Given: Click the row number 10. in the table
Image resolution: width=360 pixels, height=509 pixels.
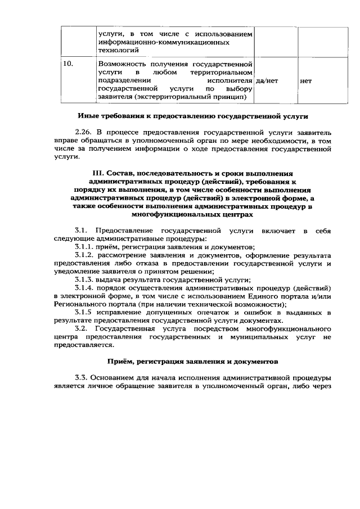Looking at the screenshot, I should click(x=67, y=64).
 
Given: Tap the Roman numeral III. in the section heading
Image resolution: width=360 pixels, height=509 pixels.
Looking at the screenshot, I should click(x=99, y=173).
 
